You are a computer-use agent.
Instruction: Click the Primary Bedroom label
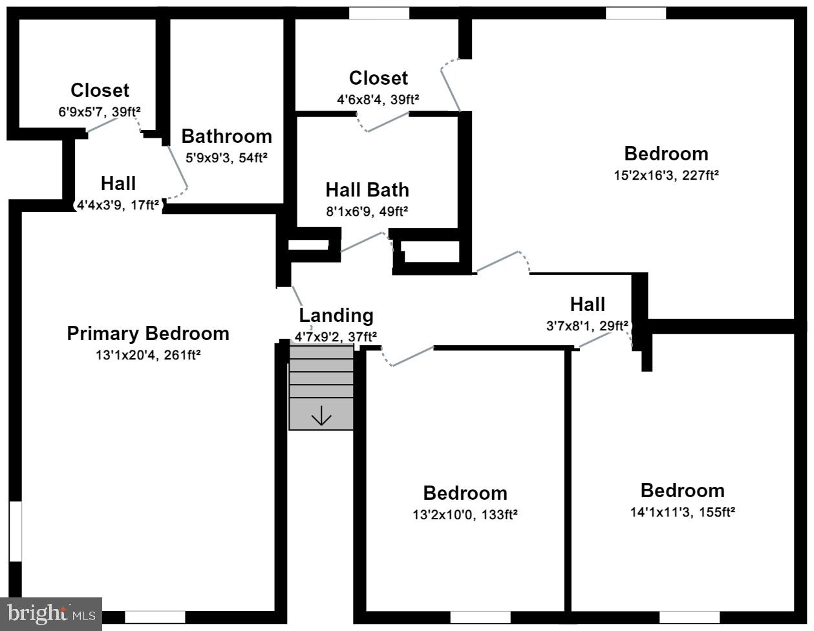[x=148, y=334]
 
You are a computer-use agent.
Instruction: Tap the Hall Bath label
[x=367, y=190]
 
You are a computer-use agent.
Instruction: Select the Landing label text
[x=336, y=315]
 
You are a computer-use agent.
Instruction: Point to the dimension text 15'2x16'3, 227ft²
[x=666, y=175]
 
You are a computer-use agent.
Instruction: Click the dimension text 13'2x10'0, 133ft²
[x=465, y=515]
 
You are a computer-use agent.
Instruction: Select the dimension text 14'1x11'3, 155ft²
[x=682, y=512]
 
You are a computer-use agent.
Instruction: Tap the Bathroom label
[x=226, y=136]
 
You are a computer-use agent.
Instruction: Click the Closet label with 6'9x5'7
[x=100, y=91]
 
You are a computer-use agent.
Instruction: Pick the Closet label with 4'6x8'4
[x=378, y=78]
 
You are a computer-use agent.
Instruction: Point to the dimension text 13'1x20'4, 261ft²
[x=148, y=354]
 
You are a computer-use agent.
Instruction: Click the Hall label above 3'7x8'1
[x=587, y=304]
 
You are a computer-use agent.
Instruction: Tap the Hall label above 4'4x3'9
[x=118, y=184]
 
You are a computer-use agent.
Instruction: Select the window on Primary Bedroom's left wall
[x=16, y=531]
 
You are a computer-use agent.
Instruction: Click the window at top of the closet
[x=379, y=14]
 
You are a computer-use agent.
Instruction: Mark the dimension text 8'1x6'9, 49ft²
[x=367, y=211]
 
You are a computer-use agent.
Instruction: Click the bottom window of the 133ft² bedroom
[x=480, y=617]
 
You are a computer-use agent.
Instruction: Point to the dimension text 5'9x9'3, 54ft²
[x=226, y=157]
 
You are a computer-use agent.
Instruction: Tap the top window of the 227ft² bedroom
[x=636, y=14]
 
